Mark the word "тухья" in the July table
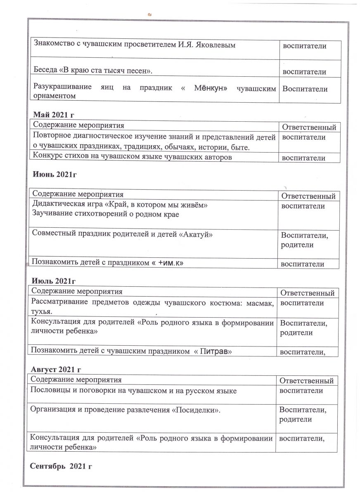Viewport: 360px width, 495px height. pos(41,311)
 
